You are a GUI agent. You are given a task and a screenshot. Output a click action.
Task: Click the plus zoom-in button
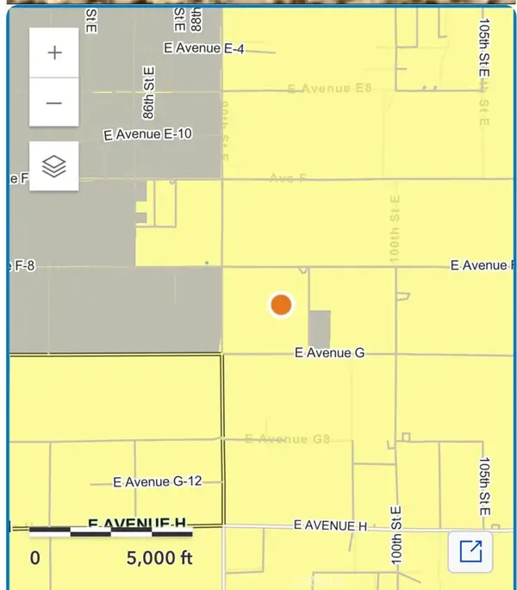click(54, 53)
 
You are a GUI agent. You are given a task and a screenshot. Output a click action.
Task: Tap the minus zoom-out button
click(54, 102)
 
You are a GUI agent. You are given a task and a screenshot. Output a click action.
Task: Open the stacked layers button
click(54, 165)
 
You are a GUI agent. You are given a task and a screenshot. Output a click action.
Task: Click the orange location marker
click(281, 305)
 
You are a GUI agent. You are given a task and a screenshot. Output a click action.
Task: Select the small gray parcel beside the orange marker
click(319, 329)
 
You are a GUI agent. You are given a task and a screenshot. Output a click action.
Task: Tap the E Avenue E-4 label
click(204, 49)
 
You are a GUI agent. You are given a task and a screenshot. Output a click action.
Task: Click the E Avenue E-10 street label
click(148, 134)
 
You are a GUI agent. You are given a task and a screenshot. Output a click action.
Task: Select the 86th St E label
click(149, 93)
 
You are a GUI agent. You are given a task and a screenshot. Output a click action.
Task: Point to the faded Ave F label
click(288, 177)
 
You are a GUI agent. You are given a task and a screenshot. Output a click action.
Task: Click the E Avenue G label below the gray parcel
click(330, 352)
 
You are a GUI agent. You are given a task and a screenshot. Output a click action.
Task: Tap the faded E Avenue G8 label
click(288, 438)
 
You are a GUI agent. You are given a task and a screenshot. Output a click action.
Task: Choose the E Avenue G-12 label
click(159, 481)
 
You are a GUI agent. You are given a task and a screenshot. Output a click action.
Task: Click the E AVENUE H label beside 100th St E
click(331, 525)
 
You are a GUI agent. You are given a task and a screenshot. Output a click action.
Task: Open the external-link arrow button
click(470, 551)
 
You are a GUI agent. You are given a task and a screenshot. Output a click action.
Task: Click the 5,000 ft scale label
click(159, 558)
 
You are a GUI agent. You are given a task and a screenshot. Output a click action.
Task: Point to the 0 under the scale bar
click(34, 558)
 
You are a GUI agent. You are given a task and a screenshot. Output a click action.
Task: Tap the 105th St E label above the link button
click(484, 487)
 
